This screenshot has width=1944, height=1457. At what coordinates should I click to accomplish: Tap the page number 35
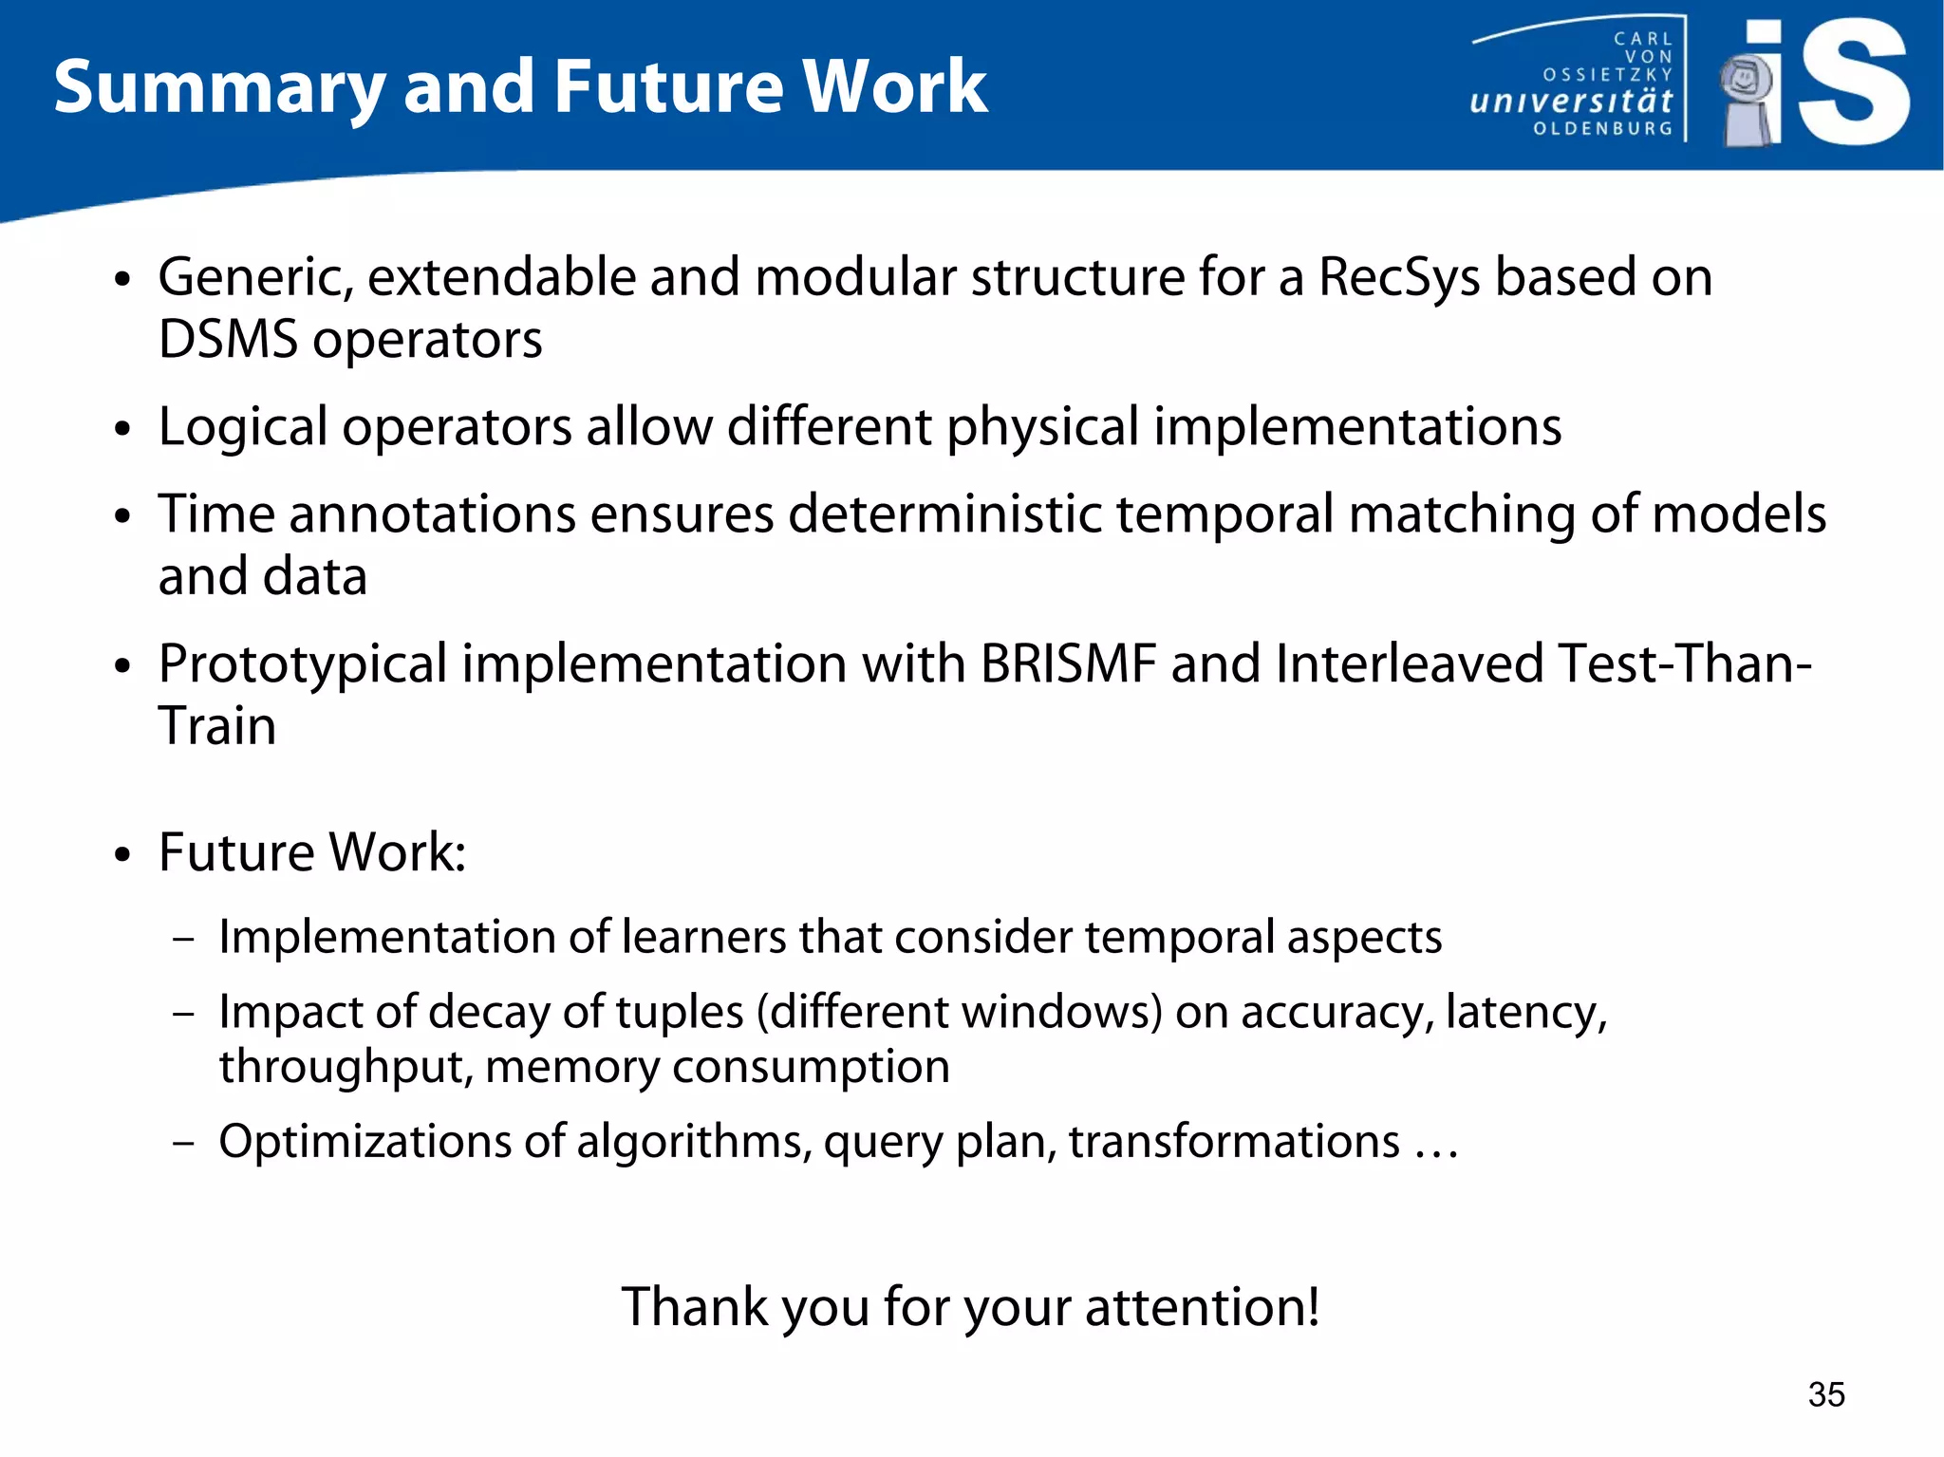point(1825,1394)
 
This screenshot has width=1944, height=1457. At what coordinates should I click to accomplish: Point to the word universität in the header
point(1570,101)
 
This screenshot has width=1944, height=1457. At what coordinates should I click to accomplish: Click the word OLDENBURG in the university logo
point(1602,128)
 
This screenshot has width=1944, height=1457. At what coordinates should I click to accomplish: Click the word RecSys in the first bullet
point(1398,277)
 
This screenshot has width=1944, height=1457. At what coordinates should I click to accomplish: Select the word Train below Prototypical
point(217,726)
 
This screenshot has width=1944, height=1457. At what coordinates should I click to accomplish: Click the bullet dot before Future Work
point(121,854)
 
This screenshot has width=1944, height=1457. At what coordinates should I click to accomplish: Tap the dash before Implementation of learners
point(184,939)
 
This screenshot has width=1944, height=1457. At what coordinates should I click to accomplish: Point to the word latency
point(1524,1012)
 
